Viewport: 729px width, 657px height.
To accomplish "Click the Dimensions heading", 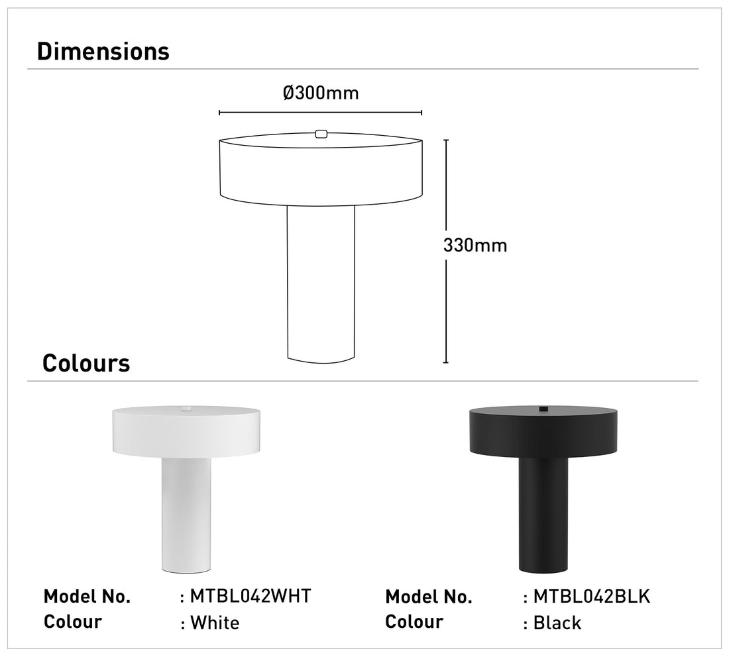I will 103,52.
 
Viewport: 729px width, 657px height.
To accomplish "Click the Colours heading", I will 86,364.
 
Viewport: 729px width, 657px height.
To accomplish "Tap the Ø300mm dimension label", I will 321,93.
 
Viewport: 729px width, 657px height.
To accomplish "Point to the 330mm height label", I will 475,245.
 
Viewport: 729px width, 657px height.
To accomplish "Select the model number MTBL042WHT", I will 251,596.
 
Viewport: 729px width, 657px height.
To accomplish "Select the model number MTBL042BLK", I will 592,596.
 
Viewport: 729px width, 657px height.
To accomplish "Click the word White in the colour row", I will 215,623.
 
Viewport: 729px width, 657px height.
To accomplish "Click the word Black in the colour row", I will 557,623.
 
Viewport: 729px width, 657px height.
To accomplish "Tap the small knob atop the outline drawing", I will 321,134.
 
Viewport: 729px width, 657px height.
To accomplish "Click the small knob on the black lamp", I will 543,408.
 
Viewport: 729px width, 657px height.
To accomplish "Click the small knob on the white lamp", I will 186,408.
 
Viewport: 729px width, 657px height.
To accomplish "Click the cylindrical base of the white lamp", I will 186,517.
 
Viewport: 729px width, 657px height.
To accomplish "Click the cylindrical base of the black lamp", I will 543,517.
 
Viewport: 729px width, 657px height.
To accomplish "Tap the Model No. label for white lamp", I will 87,596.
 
